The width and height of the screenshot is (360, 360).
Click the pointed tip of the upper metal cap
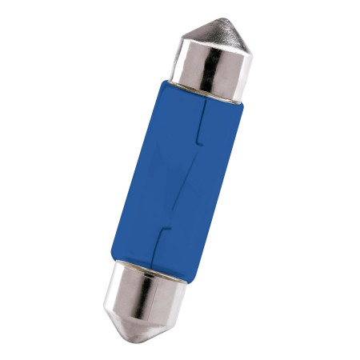click(x=227, y=18)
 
